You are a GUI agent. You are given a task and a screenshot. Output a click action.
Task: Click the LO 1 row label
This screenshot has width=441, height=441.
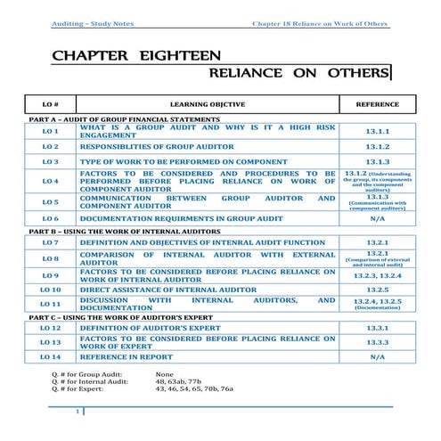[50, 131]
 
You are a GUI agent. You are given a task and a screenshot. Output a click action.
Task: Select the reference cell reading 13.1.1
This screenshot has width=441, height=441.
[377, 131]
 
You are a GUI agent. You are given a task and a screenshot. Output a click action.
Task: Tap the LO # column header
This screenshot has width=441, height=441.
[50, 103]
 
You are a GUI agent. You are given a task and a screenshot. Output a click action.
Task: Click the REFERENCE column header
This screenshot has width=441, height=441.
[377, 103]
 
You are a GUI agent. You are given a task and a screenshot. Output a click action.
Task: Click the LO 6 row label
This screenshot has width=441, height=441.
[50, 217]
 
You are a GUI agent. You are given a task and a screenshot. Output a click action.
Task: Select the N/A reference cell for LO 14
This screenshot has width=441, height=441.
[377, 356]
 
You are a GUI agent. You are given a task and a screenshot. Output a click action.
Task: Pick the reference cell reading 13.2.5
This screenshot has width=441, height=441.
[377, 290]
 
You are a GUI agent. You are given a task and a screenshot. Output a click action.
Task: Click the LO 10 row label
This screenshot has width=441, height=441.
[50, 290]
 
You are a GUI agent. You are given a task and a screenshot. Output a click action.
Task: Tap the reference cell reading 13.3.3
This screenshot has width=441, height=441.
[377, 342]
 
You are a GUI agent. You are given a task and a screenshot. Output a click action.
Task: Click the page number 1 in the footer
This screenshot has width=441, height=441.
[79, 411]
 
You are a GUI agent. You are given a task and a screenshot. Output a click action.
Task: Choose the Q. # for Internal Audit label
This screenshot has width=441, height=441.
[90, 381]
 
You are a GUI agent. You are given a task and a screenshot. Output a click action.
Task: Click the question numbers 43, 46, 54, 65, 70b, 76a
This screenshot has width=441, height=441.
[194, 389]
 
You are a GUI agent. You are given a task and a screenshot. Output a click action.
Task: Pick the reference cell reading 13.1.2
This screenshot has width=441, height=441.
[377, 146]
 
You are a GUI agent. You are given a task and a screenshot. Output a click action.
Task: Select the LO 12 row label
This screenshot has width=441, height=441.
[50, 328]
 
